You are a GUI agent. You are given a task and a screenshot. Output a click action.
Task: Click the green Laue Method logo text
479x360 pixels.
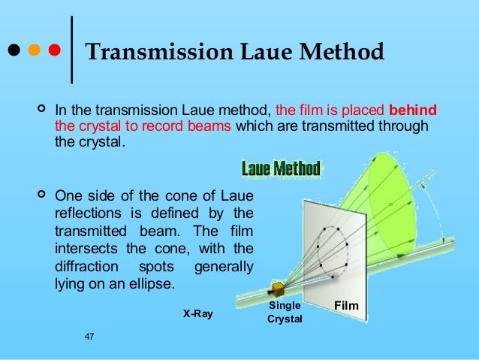tap(280, 168)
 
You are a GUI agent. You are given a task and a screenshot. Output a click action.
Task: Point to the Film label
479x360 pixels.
tap(347, 307)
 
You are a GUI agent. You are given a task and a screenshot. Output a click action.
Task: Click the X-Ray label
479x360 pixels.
tap(197, 314)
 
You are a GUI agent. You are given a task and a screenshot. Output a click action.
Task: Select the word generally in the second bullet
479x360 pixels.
tap(224, 267)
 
